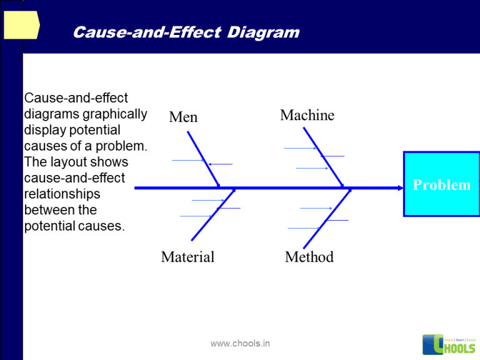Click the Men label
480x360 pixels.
[x=183, y=117]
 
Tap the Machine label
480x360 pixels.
[x=307, y=115]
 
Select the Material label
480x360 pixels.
[x=187, y=257]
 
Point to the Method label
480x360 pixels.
[x=309, y=257]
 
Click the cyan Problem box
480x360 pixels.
[x=441, y=184]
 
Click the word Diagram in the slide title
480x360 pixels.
[x=263, y=32]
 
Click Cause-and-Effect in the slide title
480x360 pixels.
[x=146, y=32]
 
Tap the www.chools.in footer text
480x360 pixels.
[x=240, y=343]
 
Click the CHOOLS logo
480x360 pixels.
[x=449, y=344]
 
